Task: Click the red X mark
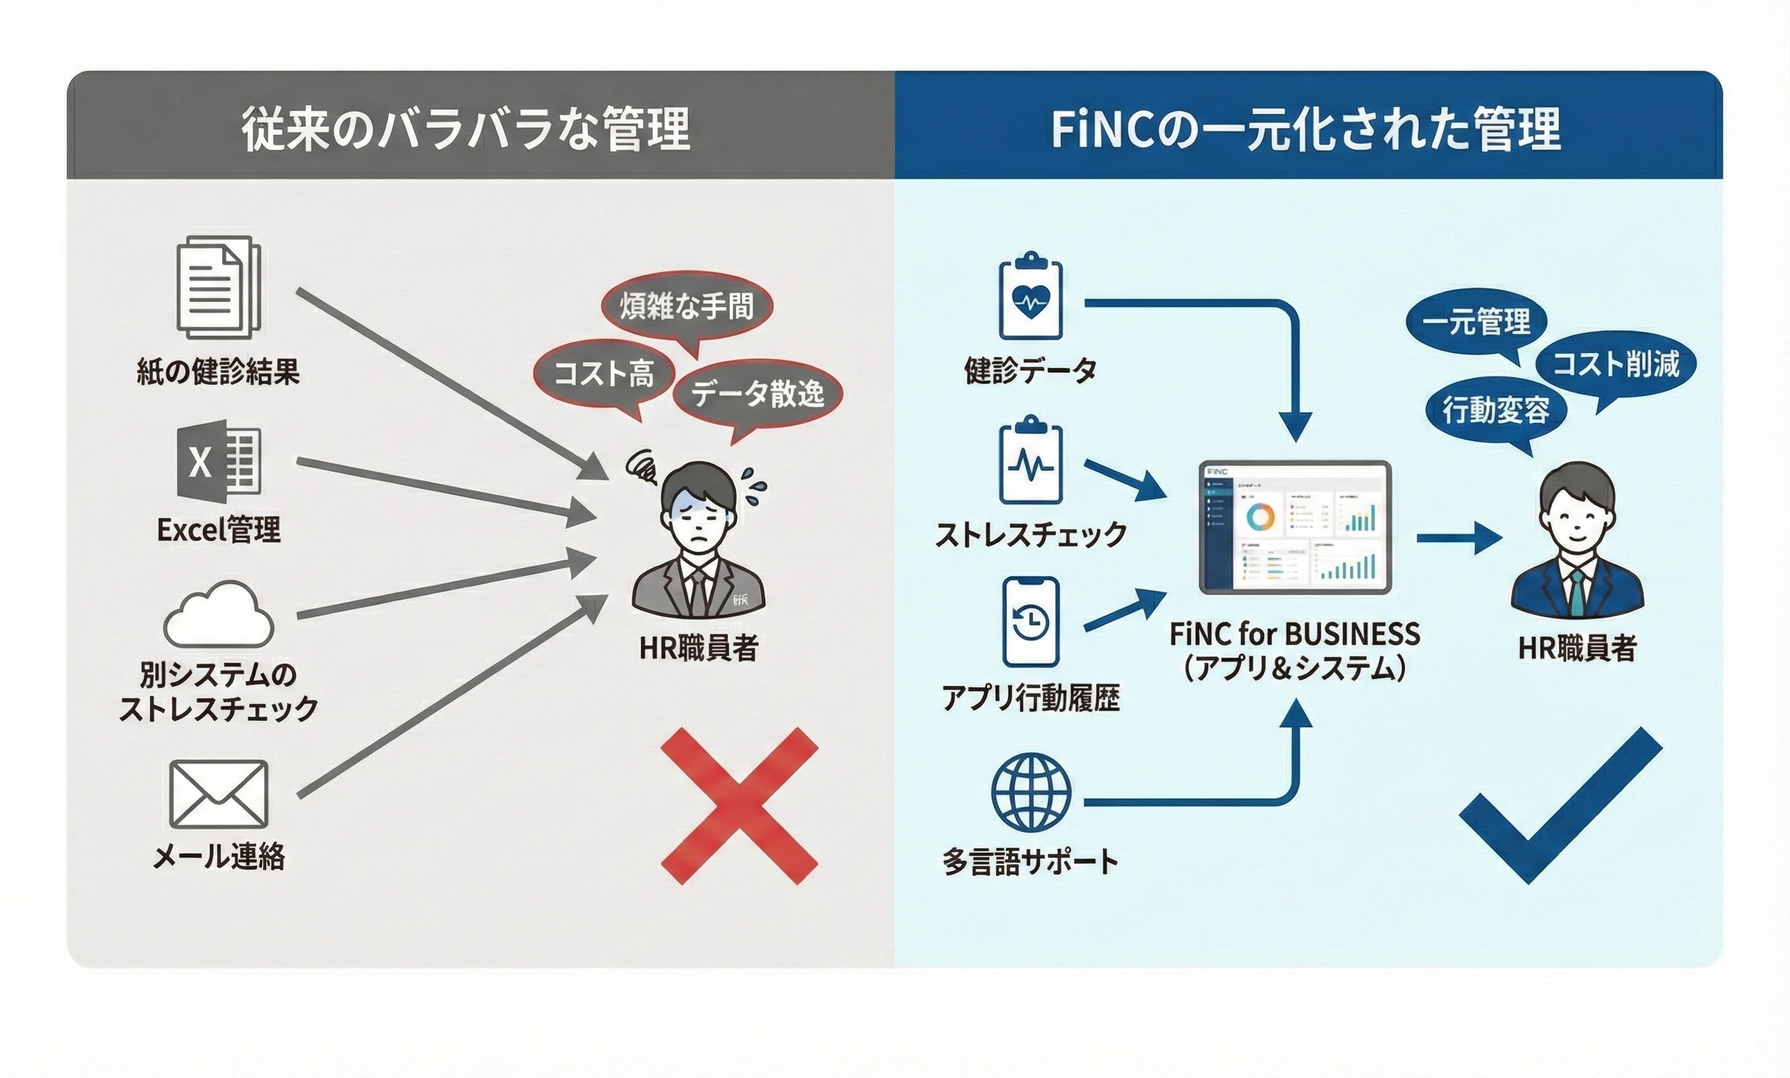(739, 806)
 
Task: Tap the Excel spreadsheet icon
(218, 462)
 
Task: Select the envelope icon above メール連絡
(218, 794)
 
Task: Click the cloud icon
(218, 616)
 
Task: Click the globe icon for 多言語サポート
(1031, 792)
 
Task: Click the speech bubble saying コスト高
(604, 374)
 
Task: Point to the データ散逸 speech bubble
(757, 393)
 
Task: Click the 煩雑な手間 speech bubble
(687, 306)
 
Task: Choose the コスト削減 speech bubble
(1615, 364)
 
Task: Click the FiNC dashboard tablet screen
(1295, 527)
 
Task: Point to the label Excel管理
(218, 530)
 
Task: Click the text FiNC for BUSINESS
(1295, 634)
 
